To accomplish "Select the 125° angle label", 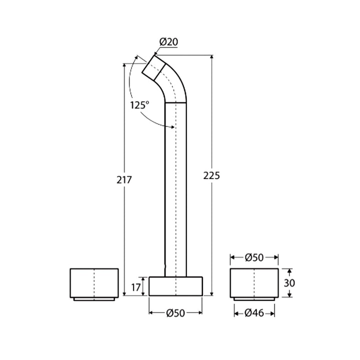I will tap(140, 105).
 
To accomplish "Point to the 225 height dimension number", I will tap(211, 175).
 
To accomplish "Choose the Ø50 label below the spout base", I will tap(175, 313).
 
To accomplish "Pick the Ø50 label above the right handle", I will tap(254, 257).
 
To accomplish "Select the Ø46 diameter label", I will tap(254, 313).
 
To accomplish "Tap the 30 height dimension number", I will tap(289, 282).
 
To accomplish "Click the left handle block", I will tap(94, 283).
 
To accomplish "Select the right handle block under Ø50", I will tap(254, 283).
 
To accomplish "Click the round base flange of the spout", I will tap(175, 286).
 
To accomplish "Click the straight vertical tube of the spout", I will tap(176, 190).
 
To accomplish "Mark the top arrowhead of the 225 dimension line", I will tap(212, 56).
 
